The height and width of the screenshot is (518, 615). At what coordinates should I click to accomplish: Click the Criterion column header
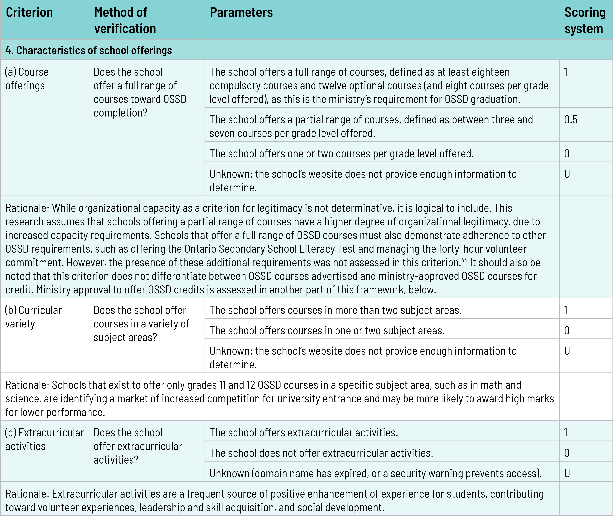[29, 13]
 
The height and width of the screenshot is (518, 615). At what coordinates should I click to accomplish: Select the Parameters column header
[241, 13]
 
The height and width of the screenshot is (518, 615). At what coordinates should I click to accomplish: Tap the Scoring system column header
[585, 21]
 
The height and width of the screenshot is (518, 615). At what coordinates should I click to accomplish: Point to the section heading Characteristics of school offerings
[89, 50]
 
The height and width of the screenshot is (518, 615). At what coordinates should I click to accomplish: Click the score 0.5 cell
[571, 120]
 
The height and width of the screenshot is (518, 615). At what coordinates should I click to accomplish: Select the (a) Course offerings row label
[27, 79]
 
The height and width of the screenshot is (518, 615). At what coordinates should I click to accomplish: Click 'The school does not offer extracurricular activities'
[321, 453]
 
